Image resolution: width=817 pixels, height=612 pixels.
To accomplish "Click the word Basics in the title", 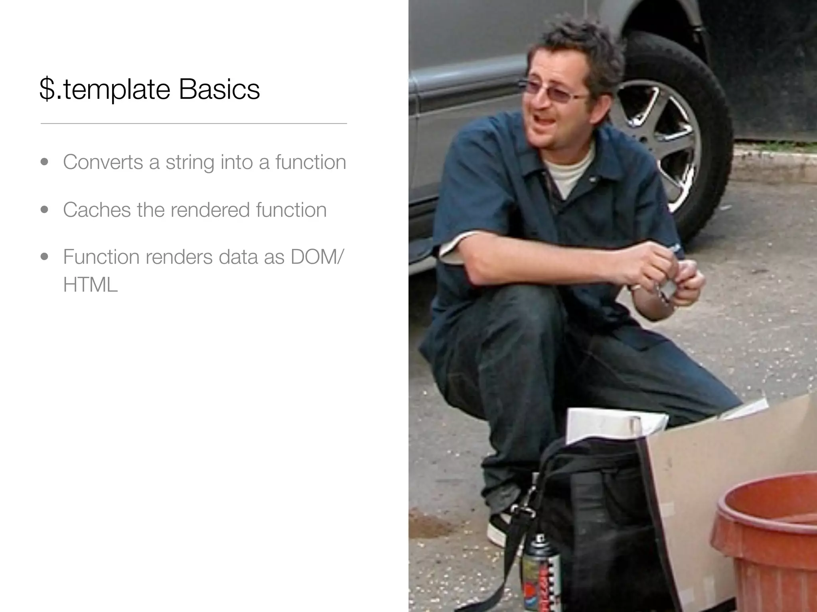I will click(x=219, y=89).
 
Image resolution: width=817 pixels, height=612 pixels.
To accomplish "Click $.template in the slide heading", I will click(x=105, y=90).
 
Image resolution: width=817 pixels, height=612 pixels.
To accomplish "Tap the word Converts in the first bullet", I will click(x=103, y=162).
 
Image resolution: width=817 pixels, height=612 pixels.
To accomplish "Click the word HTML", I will click(x=91, y=284).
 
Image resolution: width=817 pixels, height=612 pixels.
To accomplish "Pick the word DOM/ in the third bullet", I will click(x=316, y=257).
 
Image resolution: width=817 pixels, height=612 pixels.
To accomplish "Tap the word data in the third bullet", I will click(x=238, y=257).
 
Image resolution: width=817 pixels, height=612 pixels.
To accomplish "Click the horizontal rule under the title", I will click(x=193, y=124).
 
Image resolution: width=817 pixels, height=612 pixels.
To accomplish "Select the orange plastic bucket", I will click(x=768, y=550).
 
